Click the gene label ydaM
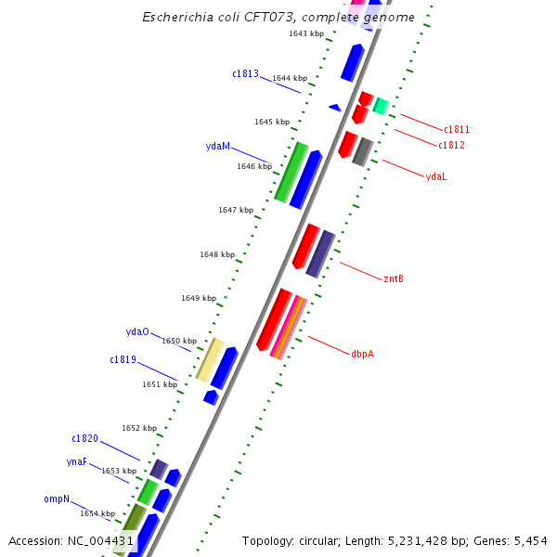217,147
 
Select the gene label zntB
394,278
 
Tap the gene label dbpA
362,354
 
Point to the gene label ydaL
436,176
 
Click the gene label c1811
456,129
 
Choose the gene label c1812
451,145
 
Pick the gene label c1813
245,73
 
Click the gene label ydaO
137,331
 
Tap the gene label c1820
84,438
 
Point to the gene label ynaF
77,461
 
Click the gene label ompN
57,499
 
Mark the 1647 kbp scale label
236,210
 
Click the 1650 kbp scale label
179,341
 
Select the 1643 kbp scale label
306,33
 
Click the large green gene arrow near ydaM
291,172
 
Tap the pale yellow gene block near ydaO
210,359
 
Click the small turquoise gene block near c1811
380,106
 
